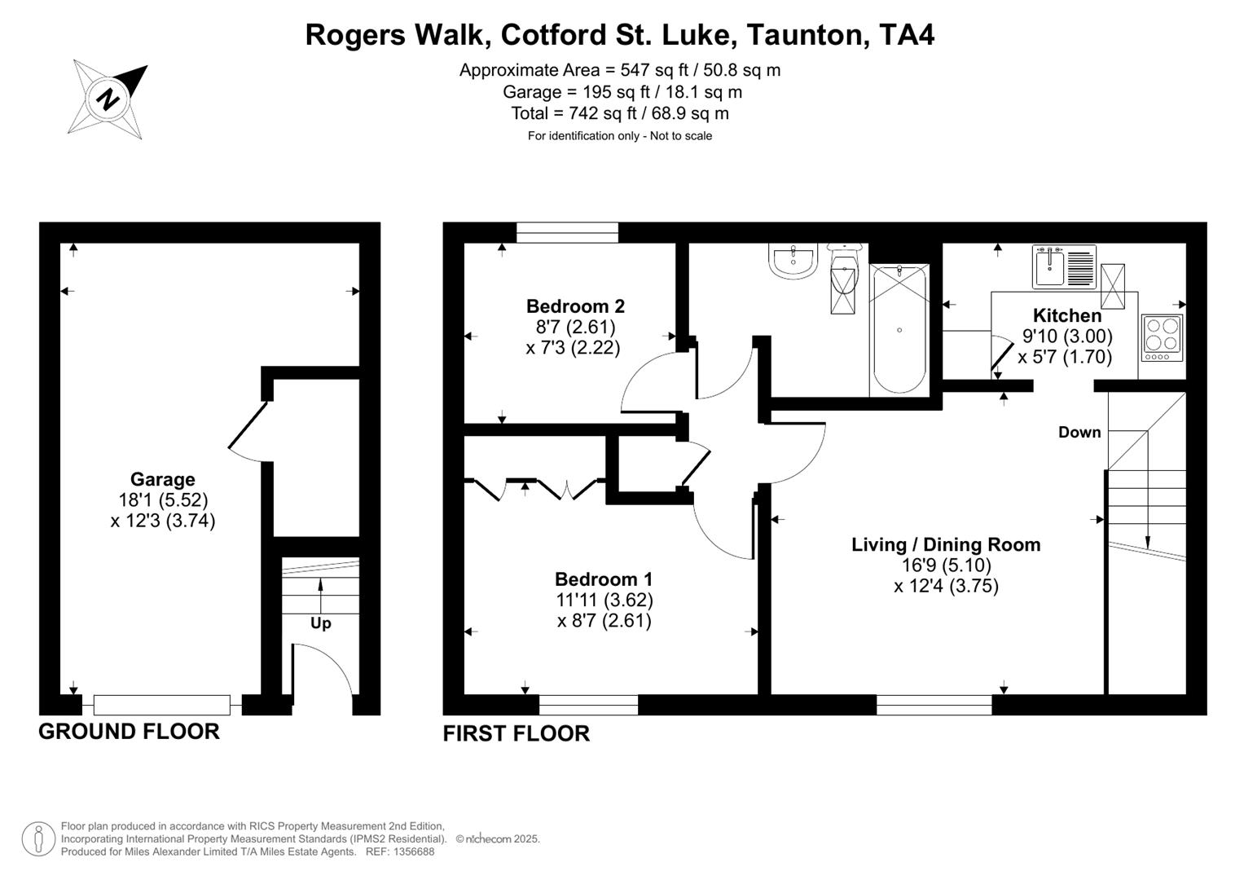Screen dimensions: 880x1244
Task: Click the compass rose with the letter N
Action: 108,99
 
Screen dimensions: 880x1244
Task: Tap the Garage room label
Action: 162,480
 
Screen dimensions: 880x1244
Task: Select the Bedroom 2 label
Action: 575,306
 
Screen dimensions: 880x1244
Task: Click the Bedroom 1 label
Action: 603,579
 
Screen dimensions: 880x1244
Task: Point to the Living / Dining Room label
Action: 946,544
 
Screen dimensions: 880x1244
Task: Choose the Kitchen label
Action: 1066,315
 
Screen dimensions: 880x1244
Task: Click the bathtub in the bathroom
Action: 899,329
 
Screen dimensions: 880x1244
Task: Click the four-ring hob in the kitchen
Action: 1163,337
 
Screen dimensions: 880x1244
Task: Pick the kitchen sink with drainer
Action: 1064,266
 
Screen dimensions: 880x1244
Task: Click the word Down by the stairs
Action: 1079,433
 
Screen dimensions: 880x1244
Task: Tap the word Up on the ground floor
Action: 320,623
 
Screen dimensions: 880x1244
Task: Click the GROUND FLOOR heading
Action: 129,732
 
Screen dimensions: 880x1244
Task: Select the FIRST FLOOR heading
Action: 516,733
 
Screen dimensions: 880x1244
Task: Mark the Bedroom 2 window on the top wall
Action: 567,232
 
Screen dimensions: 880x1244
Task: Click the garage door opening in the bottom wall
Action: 162,705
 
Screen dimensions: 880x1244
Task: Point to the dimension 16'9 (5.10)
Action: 946,565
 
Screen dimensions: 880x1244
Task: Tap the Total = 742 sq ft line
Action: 619,113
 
